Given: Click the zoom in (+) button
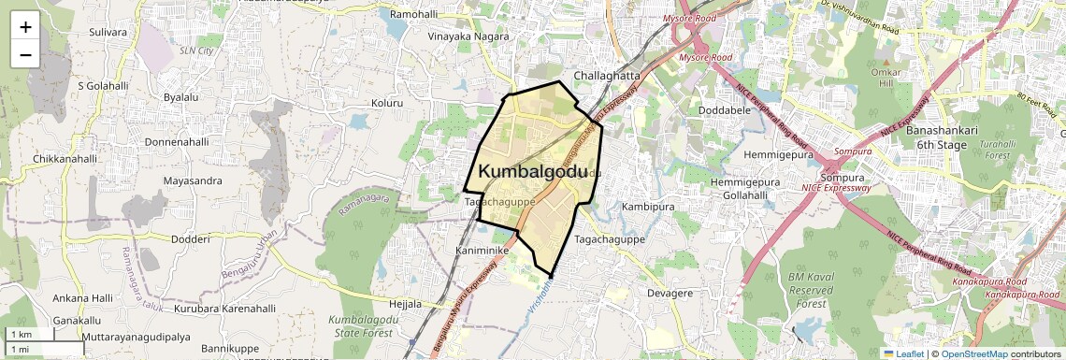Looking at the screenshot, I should coord(25,27).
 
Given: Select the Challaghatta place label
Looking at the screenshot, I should coord(607,76).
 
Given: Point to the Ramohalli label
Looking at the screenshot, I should coord(413,15).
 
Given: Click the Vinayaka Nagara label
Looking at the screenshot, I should coord(468,36).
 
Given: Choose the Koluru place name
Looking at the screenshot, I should coord(386,103).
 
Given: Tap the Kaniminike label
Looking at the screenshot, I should coord(481,252).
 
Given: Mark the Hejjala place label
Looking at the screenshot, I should coord(405,304).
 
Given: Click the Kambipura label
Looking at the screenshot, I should coord(647,206).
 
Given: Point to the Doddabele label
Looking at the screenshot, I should coord(726,109).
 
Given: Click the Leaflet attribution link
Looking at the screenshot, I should coord(910,353).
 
